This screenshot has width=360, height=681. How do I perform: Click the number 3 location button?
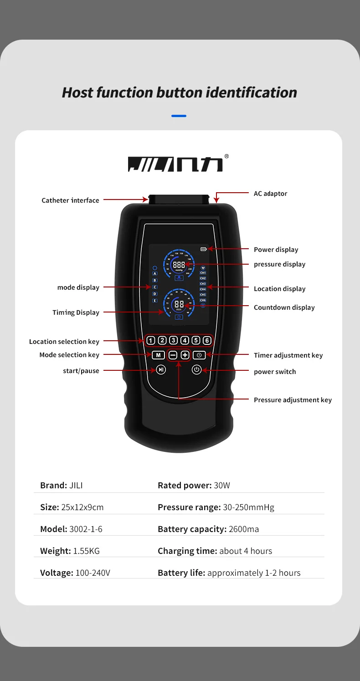click(173, 340)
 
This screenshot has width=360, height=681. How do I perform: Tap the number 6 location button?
click(207, 340)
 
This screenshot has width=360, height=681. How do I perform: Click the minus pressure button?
click(173, 355)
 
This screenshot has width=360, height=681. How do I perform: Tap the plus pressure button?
click(185, 355)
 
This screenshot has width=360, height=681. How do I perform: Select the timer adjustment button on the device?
click(199, 355)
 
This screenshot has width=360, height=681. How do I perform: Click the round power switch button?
click(196, 369)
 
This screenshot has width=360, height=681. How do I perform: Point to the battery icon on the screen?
click(203, 249)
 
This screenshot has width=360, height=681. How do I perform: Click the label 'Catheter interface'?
click(70, 200)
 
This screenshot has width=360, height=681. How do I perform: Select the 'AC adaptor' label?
click(270, 194)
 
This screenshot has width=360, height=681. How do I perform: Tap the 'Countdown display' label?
click(284, 307)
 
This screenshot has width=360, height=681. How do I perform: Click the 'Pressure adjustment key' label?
click(293, 400)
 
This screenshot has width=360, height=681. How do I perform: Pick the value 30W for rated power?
click(222, 486)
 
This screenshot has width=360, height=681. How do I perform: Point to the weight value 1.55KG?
click(86, 551)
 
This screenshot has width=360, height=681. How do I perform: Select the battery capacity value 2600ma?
click(244, 529)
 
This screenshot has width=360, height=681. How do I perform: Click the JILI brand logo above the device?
click(176, 164)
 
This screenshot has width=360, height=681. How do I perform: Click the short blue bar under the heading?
click(179, 116)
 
